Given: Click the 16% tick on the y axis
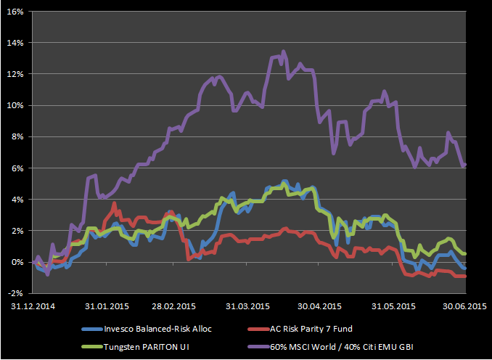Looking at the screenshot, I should tap(15, 12).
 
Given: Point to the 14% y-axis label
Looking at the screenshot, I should tap(15, 43).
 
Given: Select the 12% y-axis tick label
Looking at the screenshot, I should tap(15, 74).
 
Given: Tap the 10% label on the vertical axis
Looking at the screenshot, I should tap(15, 105).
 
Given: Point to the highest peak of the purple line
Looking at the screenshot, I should tap(283, 52).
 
